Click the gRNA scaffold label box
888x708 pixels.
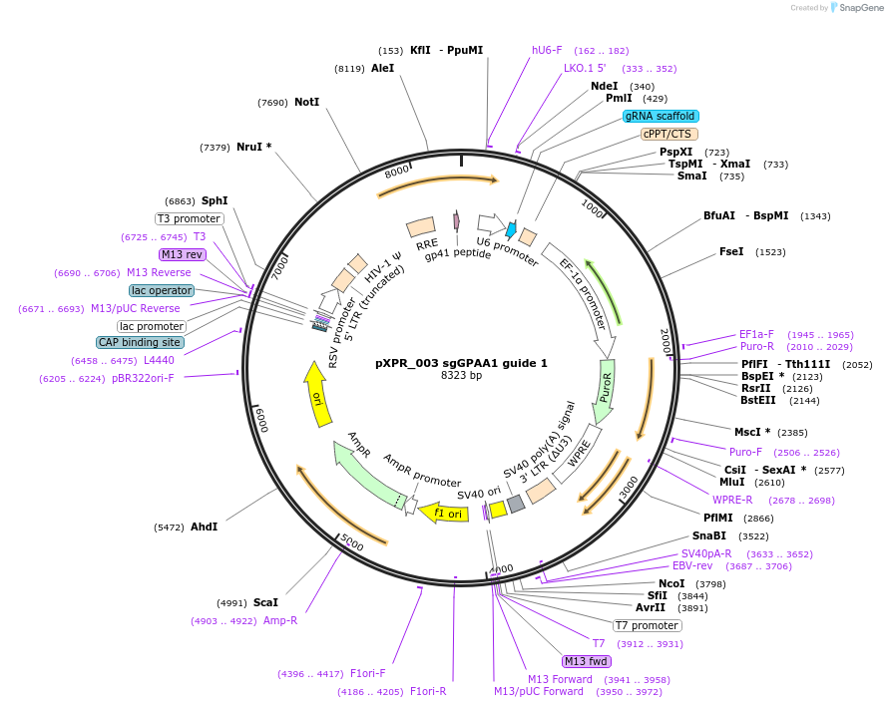coord(662,116)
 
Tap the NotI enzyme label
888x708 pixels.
coord(306,102)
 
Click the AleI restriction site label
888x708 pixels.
coord(382,69)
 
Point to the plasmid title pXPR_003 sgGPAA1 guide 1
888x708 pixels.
coord(461,364)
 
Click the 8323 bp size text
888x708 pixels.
coord(461,376)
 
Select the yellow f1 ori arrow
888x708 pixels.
coord(445,513)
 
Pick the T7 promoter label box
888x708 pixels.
coord(647,626)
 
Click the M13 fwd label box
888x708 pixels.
coord(586,661)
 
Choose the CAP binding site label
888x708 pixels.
coord(141,342)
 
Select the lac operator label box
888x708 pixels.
coord(162,290)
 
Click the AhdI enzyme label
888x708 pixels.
coord(204,527)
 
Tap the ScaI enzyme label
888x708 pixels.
coord(265,602)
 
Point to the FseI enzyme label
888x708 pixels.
coord(731,252)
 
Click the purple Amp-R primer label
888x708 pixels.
coord(280,620)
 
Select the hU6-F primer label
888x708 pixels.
coord(547,50)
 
